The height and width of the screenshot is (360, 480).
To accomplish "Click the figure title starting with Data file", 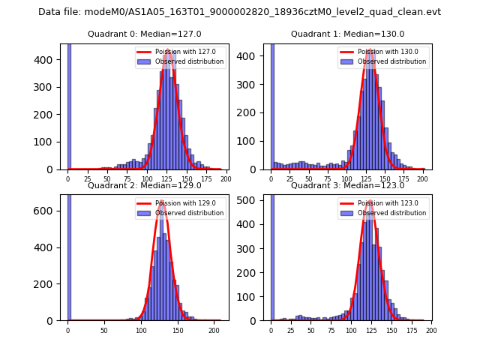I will tap(239, 12).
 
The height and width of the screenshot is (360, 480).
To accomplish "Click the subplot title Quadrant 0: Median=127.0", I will tap(144, 34).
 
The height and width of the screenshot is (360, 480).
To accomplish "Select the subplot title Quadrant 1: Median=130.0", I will tap(347, 34).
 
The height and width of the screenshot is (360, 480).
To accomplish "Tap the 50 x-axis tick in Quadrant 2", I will tap(104, 330).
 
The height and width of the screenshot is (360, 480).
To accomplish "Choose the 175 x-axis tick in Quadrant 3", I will tap(411, 330).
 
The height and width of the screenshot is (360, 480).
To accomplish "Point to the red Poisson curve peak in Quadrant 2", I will tap(160, 202).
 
